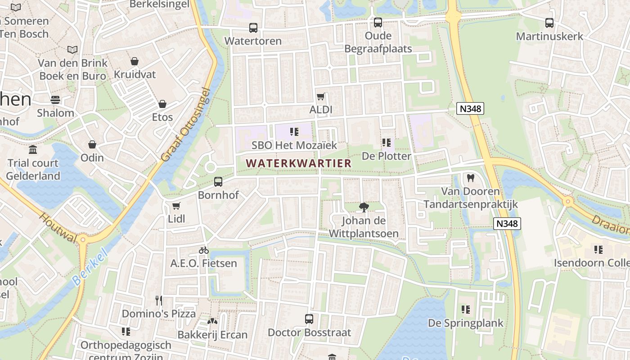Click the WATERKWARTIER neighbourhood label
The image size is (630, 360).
(299, 163)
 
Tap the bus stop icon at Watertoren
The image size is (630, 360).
(253, 28)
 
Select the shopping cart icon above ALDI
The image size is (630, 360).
(321, 96)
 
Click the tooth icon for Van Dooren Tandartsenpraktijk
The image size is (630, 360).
(471, 178)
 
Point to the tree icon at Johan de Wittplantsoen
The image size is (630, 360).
(364, 207)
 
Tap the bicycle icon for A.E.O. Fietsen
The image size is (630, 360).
(204, 250)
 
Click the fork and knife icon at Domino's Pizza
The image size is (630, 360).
(158, 300)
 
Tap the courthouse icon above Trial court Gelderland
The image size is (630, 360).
(33, 149)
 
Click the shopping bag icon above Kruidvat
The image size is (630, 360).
(134, 61)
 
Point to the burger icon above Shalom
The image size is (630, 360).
(55, 99)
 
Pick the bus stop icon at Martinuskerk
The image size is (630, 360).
(549, 23)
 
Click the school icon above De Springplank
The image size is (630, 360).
(465, 310)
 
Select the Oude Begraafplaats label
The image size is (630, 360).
(378, 42)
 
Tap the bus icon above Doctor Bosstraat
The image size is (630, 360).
(309, 319)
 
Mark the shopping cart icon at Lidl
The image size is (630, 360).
(176, 206)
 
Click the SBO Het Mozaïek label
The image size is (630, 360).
(294, 145)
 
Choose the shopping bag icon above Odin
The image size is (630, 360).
(92, 144)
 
